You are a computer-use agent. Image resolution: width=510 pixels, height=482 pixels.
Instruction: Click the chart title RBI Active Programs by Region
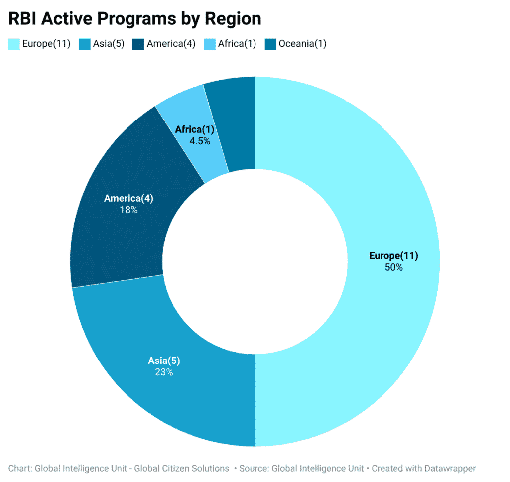(x=134, y=19)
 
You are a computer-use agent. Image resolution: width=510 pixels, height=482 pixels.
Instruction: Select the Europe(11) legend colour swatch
(x=14, y=44)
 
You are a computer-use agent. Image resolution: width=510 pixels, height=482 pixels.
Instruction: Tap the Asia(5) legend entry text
(x=108, y=44)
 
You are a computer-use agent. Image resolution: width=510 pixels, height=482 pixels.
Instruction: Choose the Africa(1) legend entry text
(x=237, y=44)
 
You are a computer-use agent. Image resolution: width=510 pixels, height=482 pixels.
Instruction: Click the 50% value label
(x=393, y=267)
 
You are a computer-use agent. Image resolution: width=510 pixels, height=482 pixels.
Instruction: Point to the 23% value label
(x=164, y=372)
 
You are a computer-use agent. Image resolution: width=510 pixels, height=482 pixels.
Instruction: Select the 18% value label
(x=128, y=210)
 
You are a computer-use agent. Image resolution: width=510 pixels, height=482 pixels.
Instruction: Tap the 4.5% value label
(x=199, y=141)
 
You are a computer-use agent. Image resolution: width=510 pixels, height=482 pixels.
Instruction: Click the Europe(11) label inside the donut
(x=393, y=256)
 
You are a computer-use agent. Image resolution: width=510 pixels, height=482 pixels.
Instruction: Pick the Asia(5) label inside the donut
(x=164, y=361)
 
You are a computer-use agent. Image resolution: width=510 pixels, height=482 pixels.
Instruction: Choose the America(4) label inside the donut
(x=128, y=198)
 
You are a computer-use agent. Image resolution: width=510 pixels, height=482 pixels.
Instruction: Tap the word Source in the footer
(x=253, y=468)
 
